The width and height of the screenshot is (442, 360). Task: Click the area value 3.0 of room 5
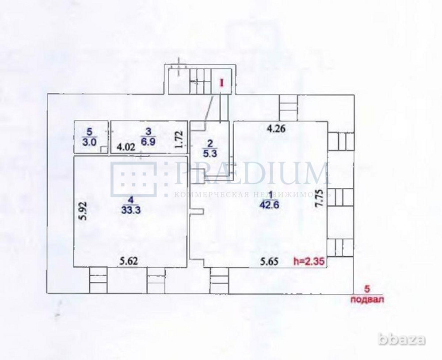click(91, 141)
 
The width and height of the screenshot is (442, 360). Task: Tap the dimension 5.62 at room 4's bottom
click(130, 261)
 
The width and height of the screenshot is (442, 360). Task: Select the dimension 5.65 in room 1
click(269, 261)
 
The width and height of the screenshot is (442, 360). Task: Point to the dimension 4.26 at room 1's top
click(276, 129)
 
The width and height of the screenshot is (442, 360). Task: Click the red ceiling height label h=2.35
click(309, 261)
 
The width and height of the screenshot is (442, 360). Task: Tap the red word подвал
click(367, 299)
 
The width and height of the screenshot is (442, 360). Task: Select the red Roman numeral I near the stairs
click(222, 83)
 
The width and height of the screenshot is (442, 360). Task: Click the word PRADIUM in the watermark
click(252, 173)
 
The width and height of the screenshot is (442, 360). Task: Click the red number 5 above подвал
click(366, 290)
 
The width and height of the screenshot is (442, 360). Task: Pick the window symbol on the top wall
click(289, 106)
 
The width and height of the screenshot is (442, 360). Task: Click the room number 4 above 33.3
click(130, 203)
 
